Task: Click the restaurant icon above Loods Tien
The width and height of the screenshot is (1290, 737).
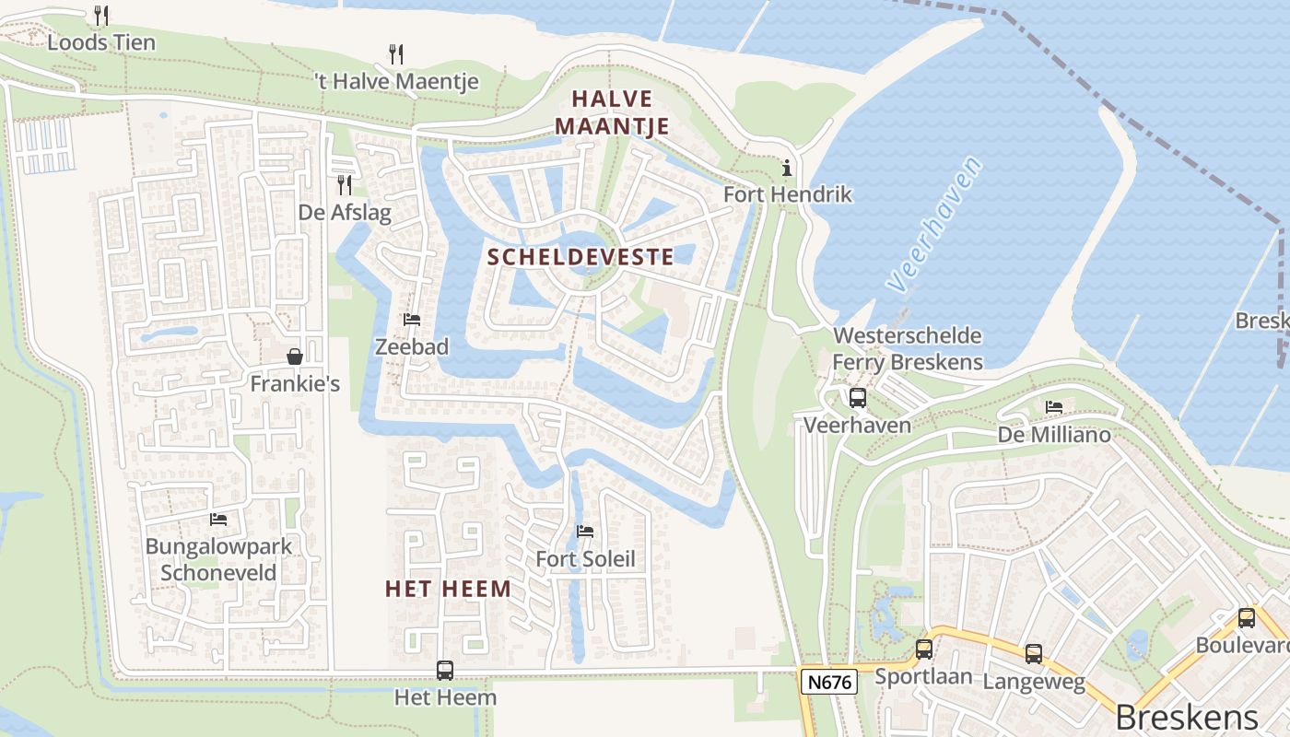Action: tap(101, 16)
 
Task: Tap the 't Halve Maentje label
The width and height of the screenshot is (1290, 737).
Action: tap(396, 81)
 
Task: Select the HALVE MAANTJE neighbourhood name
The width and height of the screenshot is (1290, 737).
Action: tap(612, 112)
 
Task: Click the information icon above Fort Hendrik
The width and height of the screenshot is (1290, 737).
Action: tap(787, 168)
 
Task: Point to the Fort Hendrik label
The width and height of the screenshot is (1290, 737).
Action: tap(787, 194)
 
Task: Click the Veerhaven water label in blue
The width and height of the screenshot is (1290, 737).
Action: tap(935, 238)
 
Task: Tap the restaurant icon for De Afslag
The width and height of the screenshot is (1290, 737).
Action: tap(345, 185)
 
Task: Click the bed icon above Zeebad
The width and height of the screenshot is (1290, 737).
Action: tap(412, 320)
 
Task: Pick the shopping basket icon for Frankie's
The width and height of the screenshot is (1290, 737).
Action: tap(295, 357)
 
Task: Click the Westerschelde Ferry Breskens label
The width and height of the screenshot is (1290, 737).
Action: tap(907, 348)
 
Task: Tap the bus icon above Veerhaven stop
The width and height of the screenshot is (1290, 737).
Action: tap(858, 398)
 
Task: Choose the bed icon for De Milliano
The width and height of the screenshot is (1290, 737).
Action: tap(1054, 406)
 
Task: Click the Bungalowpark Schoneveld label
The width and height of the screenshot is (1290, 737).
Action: tap(218, 558)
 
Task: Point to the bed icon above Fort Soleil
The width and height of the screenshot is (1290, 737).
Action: tap(585, 532)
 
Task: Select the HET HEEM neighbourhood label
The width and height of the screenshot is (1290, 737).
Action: tap(448, 589)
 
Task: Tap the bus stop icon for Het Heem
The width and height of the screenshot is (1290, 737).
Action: tap(445, 671)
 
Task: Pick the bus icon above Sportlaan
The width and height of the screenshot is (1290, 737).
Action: tap(924, 649)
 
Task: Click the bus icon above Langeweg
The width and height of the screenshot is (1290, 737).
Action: tap(1034, 654)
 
